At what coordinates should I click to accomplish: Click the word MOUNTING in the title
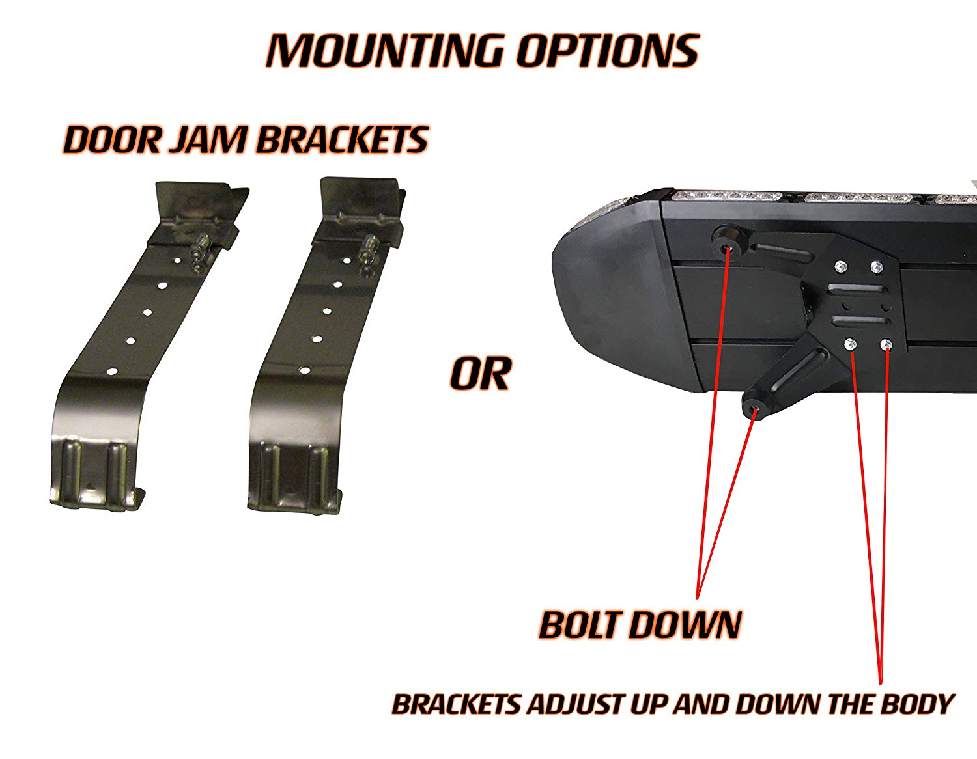click(x=384, y=51)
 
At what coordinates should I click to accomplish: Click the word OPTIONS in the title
click(x=607, y=51)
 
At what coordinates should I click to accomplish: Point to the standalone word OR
click(x=479, y=374)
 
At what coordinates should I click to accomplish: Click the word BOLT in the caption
click(x=584, y=625)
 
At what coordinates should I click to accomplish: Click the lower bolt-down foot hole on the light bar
click(x=755, y=411)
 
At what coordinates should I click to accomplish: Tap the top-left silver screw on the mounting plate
click(x=840, y=266)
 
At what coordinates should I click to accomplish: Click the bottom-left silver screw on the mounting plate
click(x=850, y=346)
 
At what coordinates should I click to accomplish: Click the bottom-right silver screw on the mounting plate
click(x=885, y=345)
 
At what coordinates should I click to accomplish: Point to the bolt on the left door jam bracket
click(x=199, y=253)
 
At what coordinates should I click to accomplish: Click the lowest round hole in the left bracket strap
click(x=111, y=370)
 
